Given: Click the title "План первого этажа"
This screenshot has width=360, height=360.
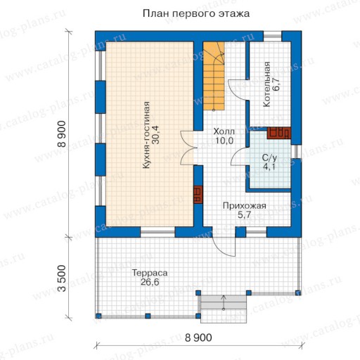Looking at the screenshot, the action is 196,13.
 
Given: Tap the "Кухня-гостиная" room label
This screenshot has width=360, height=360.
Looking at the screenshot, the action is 146,135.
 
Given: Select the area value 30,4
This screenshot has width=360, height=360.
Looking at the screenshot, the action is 155,135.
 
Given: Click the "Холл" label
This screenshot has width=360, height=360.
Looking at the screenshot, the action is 224,131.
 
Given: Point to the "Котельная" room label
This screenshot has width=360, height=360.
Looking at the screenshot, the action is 266,84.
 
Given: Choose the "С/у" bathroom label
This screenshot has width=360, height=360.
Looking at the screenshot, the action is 269,157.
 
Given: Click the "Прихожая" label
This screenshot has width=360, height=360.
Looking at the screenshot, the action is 244,206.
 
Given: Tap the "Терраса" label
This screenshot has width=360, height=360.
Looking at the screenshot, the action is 150,273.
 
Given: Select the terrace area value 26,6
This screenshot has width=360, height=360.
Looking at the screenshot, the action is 150,282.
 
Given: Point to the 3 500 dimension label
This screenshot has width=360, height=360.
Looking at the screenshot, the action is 62,278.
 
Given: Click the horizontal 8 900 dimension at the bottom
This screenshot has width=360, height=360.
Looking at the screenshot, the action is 198,337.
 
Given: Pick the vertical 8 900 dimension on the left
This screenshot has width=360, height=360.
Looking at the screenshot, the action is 62,134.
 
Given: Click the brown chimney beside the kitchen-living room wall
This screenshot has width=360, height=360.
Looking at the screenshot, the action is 198,195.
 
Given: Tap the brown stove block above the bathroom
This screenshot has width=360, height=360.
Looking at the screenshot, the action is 278,133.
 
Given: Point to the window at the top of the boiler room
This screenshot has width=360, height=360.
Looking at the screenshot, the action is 272,37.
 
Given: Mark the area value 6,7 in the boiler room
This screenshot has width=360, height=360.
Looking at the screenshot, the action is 276,84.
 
